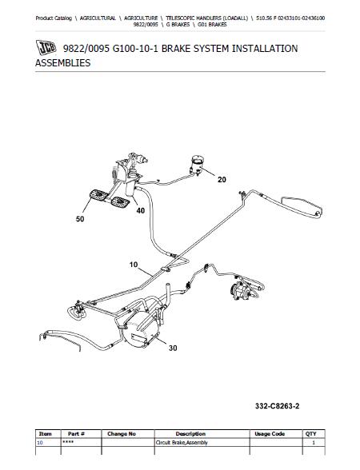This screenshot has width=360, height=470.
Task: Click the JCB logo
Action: tap(46, 48)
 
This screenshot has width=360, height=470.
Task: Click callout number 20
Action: tap(222, 180)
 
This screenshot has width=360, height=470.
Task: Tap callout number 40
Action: tap(141, 211)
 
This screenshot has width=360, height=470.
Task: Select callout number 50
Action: tap(80, 219)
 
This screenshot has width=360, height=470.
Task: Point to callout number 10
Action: tap(134, 265)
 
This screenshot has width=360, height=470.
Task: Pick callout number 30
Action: tap(173, 348)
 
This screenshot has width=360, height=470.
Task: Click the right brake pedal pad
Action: tap(120, 201)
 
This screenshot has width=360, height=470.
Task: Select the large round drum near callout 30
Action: tap(141, 329)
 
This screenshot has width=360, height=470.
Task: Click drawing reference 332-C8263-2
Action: tap(277, 406)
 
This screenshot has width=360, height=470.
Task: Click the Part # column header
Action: tap(76, 434)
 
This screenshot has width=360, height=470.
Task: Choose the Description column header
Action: tap(190, 434)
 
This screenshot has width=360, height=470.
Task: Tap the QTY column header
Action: tap(310, 434)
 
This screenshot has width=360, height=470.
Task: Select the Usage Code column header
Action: tap(270, 434)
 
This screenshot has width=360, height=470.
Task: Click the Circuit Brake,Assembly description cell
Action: tap(182, 443)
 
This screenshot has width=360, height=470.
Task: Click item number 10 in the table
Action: tap(40, 443)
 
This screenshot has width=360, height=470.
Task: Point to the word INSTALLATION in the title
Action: tap(265, 48)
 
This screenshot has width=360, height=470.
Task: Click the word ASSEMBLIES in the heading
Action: tap(62, 62)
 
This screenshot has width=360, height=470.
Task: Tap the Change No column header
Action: tap(122, 434)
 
